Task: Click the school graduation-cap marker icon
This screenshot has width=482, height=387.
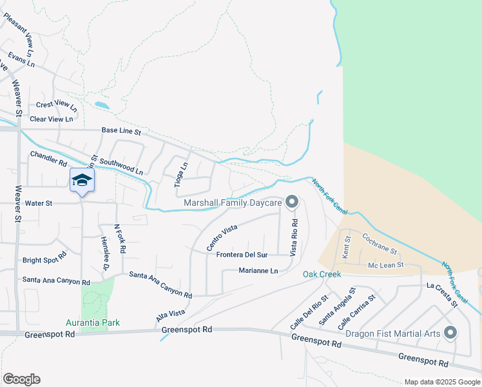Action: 82,180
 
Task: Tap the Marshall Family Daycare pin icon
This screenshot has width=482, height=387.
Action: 291,203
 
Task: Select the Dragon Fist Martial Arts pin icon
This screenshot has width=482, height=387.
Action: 450,333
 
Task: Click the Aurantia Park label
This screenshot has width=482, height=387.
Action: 93,322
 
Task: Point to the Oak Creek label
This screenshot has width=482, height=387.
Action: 322,274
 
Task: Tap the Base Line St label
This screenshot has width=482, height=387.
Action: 121,131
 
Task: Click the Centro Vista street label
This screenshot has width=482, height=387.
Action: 222,238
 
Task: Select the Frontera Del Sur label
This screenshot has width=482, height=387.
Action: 241,255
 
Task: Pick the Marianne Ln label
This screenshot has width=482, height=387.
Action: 258,271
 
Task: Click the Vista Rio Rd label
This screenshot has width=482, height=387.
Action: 294,238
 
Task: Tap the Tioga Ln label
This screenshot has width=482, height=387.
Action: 182,175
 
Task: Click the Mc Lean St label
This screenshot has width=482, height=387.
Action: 385,264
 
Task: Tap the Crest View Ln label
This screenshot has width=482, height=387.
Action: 56,104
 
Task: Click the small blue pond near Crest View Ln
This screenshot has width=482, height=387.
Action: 102,104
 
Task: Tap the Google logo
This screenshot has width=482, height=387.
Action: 21,379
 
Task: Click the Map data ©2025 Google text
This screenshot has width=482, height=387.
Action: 441,382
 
